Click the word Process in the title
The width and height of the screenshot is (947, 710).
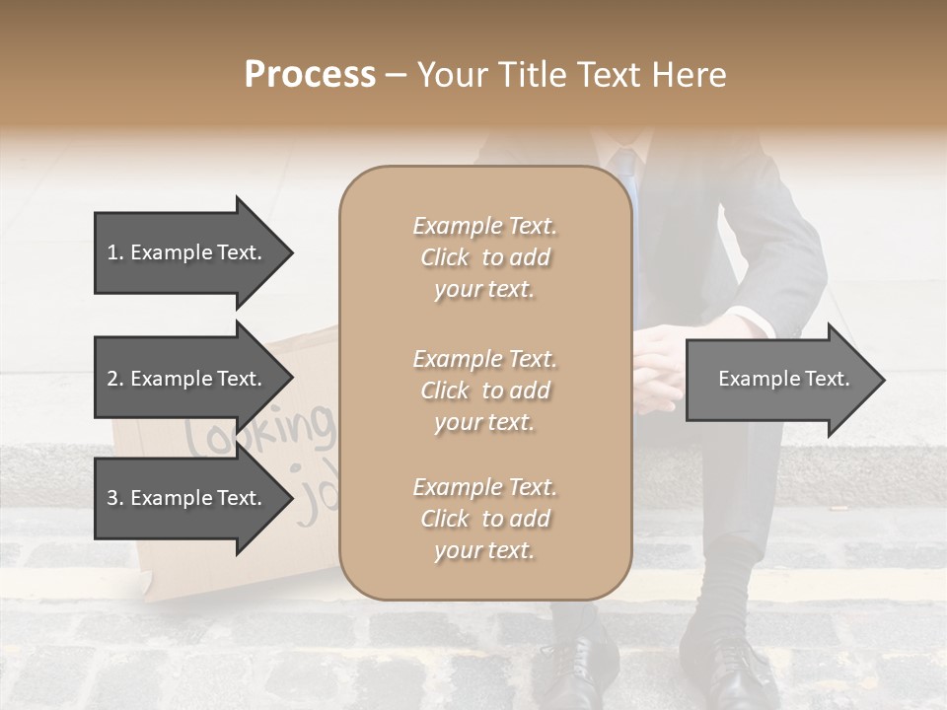[310, 75]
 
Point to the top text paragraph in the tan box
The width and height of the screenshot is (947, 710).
[484, 257]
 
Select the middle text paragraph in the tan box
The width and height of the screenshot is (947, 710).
[484, 390]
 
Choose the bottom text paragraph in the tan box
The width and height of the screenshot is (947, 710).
[484, 519]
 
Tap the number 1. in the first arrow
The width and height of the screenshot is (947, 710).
[115, 252]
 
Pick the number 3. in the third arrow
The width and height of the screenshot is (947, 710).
[115, 498]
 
